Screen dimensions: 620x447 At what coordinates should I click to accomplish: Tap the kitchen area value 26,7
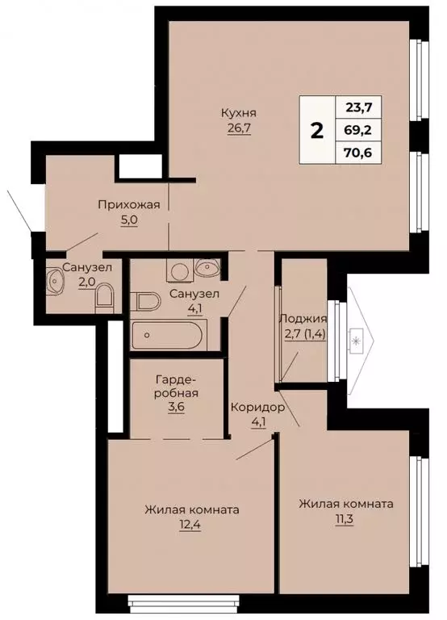pyautogui.click(x=240, y=128)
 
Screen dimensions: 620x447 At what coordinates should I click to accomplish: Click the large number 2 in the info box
pyautogui.click(x=317, y=131)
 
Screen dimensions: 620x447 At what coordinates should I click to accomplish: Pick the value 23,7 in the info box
pyautogui.click(x=363, y=107)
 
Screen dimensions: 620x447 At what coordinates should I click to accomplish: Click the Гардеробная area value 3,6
pyautogui.click(x=176, y=408)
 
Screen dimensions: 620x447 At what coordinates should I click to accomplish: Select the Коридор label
pyautogui.click(x=257, y=407)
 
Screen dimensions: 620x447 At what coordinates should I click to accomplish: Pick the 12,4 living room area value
pyautogui.click(x=191, y=526)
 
